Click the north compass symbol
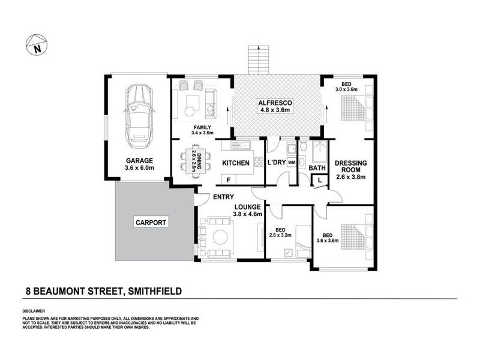coord(36,44)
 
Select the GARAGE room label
coord(139,160)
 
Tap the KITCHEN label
coord(236,163)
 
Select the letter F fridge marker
coord(229,179)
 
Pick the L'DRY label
coord(277,163)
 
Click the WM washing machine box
coord(291,163)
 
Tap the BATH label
coord(317,168)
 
